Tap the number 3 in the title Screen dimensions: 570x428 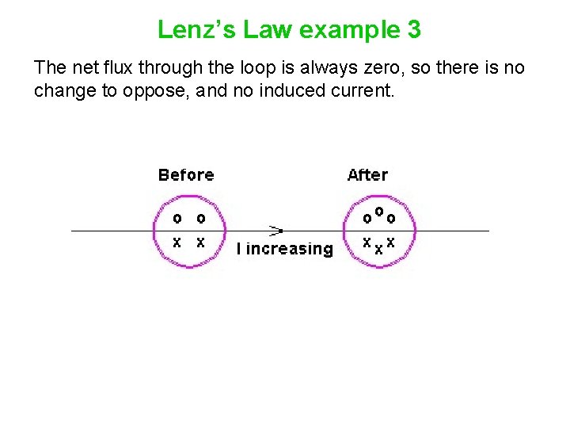pos(414,30)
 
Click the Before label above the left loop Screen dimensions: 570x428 pos(186,175)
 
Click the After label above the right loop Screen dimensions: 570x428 pos(367,175)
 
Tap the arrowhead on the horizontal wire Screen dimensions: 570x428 pos(276,231)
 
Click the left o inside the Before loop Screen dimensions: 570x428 pos(177,218)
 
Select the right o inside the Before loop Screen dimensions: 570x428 pos(200,218)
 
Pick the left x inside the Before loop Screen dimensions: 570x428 pos(177,243)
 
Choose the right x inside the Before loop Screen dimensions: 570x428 pos(200,243)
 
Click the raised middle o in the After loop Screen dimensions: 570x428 pos(378,212)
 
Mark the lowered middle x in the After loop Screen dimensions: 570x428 pos(378,249)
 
